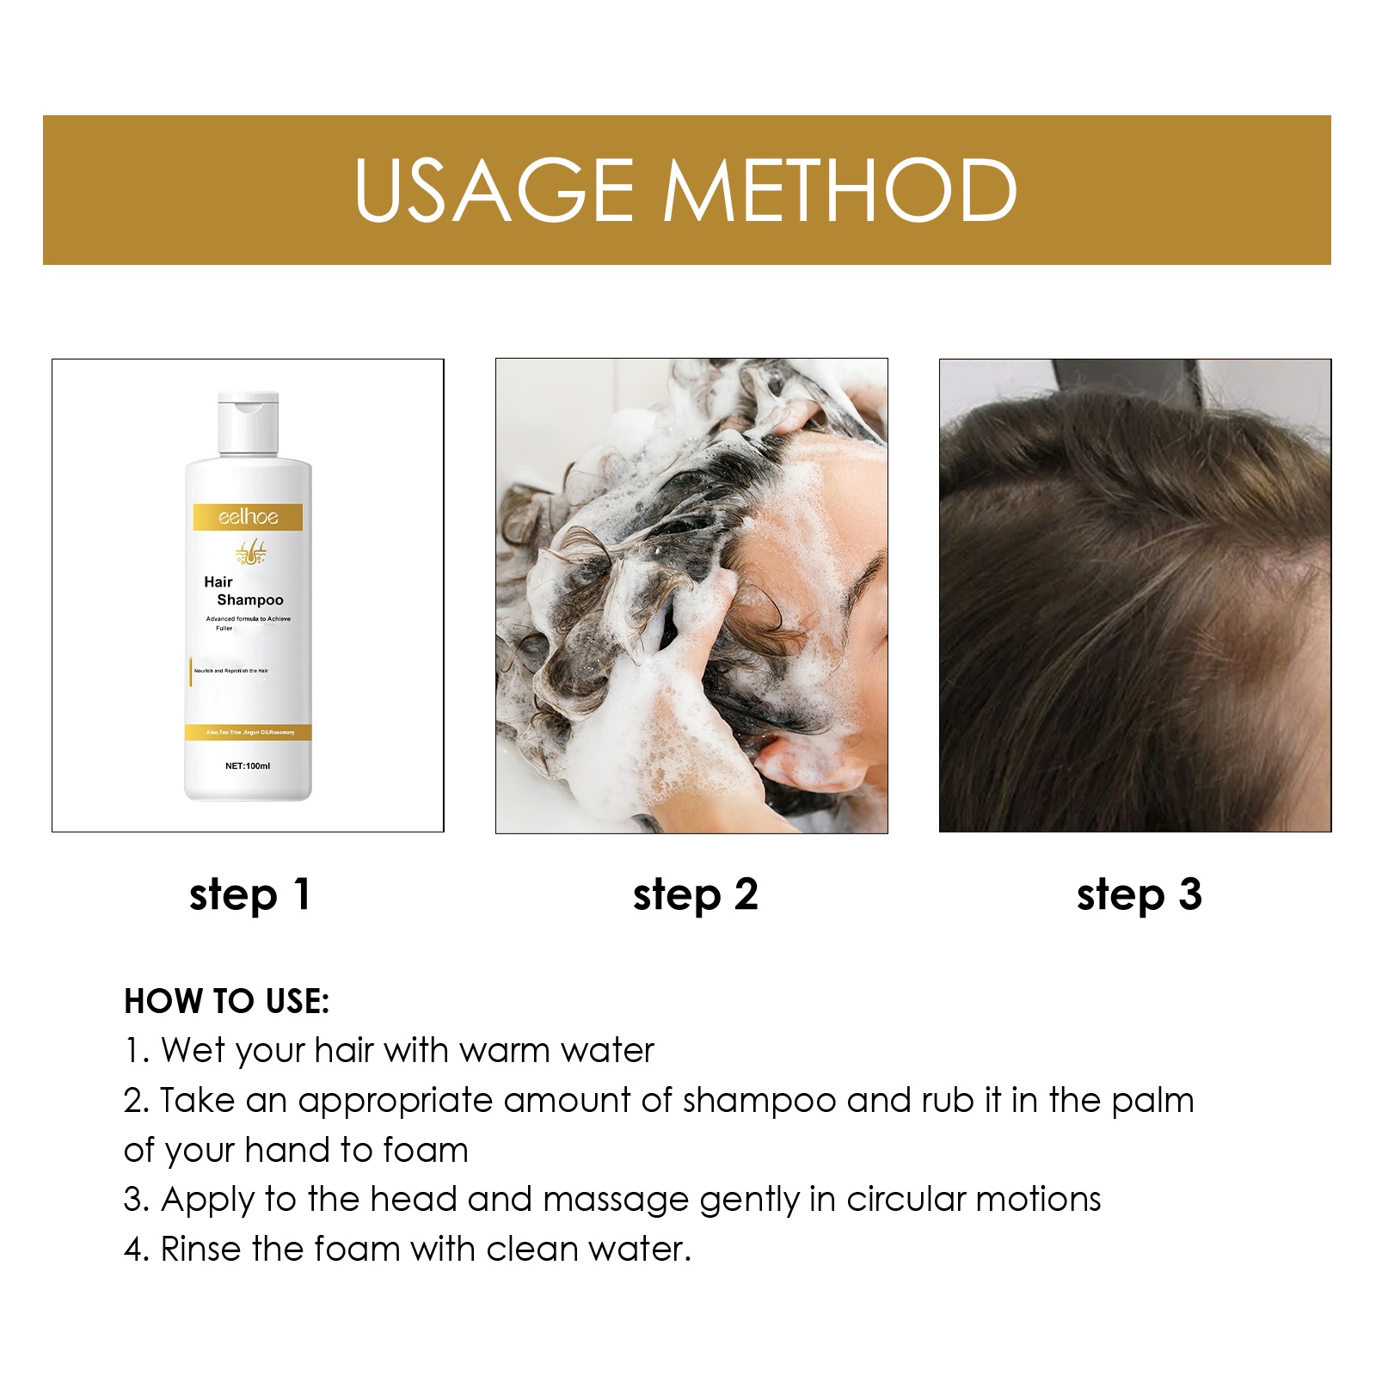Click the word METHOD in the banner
[840, 190]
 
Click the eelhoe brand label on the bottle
[248, 517]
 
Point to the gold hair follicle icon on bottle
[251, 552]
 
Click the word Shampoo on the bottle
[249, 600]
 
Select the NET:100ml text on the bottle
[248, 765]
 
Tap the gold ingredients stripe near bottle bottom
[248, 732]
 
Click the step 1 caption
[249, 894]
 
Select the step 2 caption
[695, 894]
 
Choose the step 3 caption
[1139, 894]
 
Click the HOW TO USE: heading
[226, 1001]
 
